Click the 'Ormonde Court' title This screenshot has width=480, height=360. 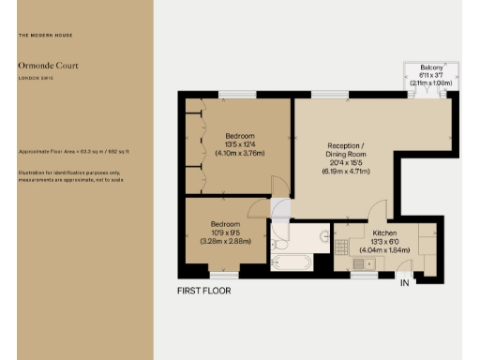click(42, 66)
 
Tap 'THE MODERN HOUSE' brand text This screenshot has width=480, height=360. click(45, 36)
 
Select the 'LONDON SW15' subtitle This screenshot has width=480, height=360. click(35, 79)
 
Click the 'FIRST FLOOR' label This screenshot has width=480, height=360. click(203, 291)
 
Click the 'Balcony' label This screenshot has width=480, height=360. click(431, 67)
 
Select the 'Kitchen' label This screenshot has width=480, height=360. click(385, 232)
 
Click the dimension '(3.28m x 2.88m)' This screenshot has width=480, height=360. click(225, 242)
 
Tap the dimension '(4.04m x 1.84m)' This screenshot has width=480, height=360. click(385, 250)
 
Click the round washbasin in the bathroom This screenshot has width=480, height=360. click(323, 236)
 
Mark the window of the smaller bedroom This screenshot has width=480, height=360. click(223, 276)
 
